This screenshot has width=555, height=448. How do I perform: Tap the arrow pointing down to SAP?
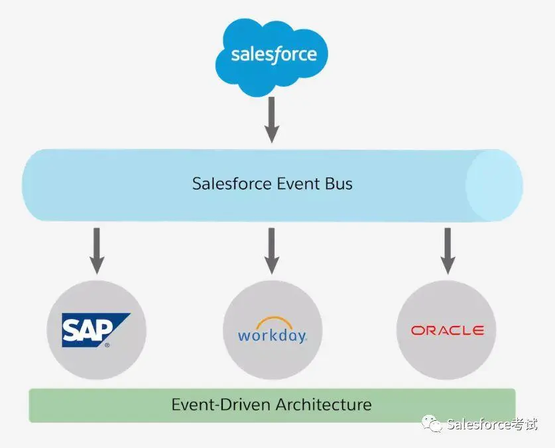coord(97,251)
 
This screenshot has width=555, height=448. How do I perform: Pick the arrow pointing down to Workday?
coord(271,251)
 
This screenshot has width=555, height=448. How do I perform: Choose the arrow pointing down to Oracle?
coord(448,251)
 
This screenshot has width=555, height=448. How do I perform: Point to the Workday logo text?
coord(272,335)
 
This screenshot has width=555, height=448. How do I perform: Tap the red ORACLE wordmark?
coord(447,330)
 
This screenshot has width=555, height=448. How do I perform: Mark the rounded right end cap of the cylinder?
coord(493,185)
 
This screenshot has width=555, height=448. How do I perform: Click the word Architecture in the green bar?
coord(324,404)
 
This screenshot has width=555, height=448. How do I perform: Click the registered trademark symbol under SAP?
coord(107,345)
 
